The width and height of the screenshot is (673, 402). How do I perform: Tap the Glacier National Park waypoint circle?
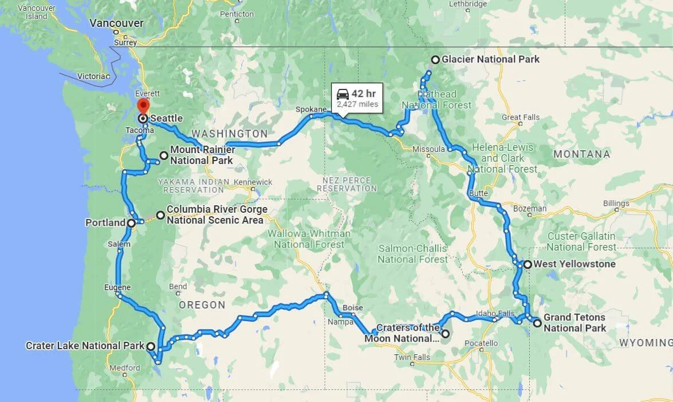point(435,60)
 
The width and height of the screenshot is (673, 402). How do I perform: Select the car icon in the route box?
point(343,94)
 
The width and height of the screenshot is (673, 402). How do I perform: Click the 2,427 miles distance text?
point(357,104)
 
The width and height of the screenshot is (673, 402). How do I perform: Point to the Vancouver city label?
point(116,23)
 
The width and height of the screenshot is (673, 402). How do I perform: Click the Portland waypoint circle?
point(131,223)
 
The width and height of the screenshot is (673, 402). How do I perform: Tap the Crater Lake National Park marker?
point(150,346)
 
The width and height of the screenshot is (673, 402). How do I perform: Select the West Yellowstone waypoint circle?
point(528,264)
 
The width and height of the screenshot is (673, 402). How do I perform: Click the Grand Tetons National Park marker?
point(537,323)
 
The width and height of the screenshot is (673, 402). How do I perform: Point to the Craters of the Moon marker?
point(445,333)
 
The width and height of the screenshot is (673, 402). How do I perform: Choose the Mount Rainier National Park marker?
point(164,155)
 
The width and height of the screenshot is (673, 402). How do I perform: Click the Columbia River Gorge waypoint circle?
point(160,216)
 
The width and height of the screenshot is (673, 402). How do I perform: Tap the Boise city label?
point(352,308)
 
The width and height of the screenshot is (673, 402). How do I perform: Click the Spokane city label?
point(310,109)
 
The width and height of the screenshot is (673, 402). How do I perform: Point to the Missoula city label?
point(428,149)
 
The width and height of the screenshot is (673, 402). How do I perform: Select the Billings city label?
point(616,204)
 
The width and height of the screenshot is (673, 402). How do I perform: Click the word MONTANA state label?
point(581,154)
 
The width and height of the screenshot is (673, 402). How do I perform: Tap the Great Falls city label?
point(520,118)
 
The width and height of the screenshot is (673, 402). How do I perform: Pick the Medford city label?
point(125,368)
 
